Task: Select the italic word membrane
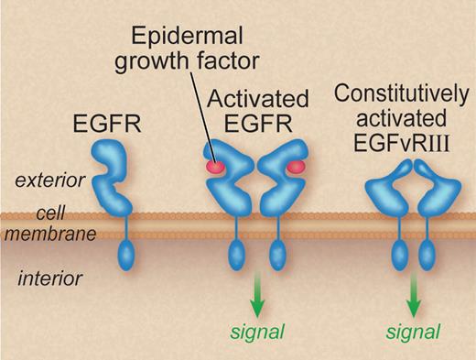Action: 53,235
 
